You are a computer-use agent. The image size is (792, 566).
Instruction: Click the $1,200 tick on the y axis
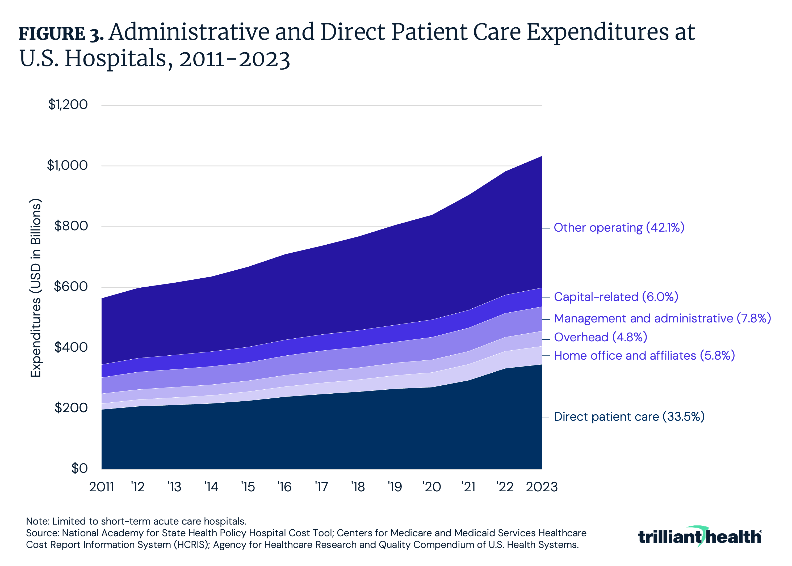(68, 105)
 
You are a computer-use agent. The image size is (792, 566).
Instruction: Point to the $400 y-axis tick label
(71, 347)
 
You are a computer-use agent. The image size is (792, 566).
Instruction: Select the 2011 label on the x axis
(102, 487)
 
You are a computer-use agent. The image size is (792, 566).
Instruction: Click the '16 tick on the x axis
(284, 487)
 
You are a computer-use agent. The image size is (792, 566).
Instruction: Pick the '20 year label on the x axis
(431, 487)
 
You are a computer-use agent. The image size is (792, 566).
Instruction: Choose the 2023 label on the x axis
(542, 487)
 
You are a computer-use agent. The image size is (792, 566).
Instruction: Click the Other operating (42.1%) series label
(619, 228)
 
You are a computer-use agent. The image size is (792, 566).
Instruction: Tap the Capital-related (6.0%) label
(616, 297)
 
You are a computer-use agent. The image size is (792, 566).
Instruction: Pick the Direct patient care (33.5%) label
(629, 417)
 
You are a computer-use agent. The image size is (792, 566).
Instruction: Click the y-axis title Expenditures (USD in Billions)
(36, 288)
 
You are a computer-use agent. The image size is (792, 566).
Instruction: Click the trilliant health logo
(699, 537)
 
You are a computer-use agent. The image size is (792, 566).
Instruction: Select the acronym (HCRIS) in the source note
(191, 545)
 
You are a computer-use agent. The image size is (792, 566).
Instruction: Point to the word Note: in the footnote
(38, 521)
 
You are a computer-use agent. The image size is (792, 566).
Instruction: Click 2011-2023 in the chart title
(234, 59)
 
